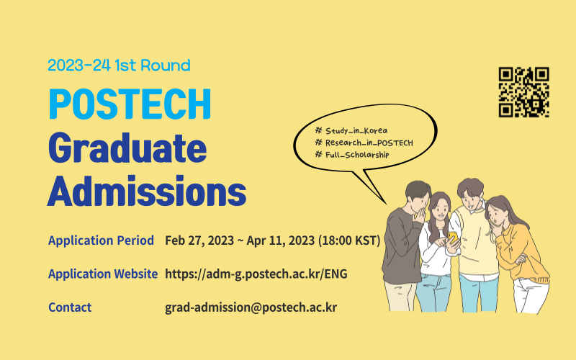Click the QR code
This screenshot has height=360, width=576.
pyautogui.click(x=523, y=92)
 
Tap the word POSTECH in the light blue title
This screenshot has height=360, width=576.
pyautogui.click(x=130, y=105)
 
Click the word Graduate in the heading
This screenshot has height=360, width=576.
pyautogui.click(x=127, y=148)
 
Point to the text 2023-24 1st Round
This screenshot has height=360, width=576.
pyautogui.click(x=119, y=66)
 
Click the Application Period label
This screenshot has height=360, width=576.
pyautogui.click(x=101, y=240)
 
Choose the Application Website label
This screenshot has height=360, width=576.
pyautogui.click(x=102, y=274)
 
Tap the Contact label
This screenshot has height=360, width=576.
pyautogui.click(x=70, y=307)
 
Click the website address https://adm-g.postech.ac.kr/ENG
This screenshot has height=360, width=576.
pyautogui.click(x=257, y=274)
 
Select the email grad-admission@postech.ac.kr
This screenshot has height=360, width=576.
pyautogui.click(x=251, y=307)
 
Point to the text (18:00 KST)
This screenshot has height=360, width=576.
pyautogui.click(x=348, y=240)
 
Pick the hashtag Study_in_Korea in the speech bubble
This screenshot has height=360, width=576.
pyautogui.click(x=351, y=130)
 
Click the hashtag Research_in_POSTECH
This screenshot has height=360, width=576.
pyautogui.click(x=364, y=143)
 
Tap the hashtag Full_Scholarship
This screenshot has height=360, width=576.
pyautogui.click(x=352, y=155)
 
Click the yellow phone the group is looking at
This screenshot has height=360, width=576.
pyautogui.click(x=453, y=235)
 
